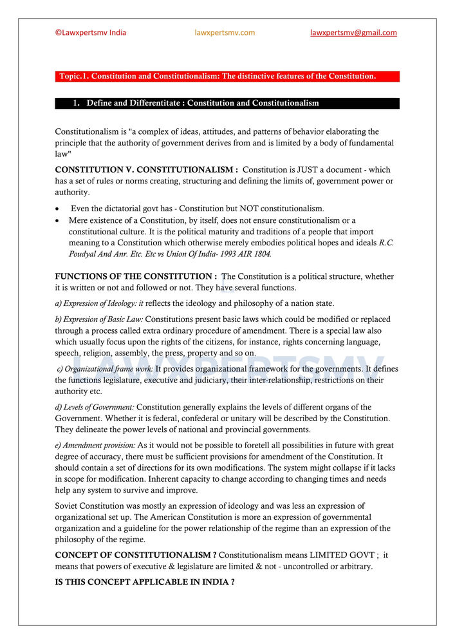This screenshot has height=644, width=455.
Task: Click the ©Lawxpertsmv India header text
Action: pyautogui.click(x=91, y=33)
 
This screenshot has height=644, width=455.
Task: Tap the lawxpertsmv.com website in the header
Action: pyautogui.click(x=225, y=33)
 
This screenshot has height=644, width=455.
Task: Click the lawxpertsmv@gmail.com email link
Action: pyautogui.click(x=353, y=33)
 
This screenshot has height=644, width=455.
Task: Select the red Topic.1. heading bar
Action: pyautogui.click(x=227, y=77)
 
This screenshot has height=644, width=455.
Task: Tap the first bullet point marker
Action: pyautogui.click(x=59, y=209)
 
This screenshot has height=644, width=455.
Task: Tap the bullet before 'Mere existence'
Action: pyautogui.click(x=59, y=220)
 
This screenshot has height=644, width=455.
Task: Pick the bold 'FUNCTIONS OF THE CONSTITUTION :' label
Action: pyautogui.click(x=136, y=276)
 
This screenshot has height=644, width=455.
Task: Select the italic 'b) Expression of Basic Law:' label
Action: pyautogui.click(x=104, y=319)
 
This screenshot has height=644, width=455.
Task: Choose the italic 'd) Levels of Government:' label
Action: pyautogui.click(x=95, y=407)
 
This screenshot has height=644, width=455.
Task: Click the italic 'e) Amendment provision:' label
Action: pyautogui.click(x=95, y=446)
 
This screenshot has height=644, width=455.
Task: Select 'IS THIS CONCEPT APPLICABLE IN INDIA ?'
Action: pyautogui.click(x=145, y=582)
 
